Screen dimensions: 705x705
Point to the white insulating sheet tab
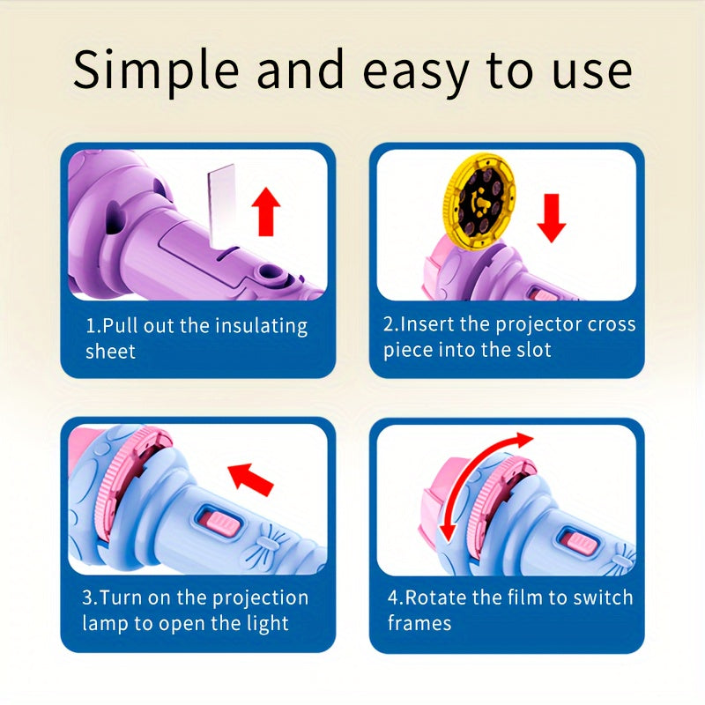[x=217, y=204]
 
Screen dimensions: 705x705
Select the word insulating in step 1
[x=260, y=325]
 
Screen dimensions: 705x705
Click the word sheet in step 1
[x=110, y=351]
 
